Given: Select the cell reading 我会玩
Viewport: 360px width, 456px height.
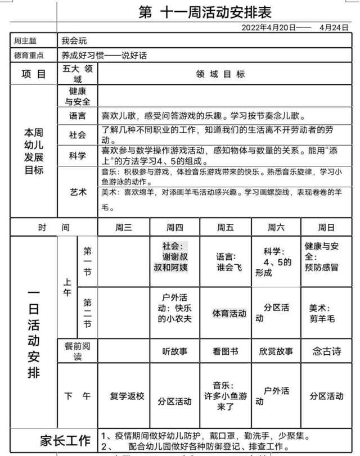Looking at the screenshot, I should click(x=75, y=41).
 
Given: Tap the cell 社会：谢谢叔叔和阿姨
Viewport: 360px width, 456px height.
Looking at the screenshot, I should click(x=174, y=256).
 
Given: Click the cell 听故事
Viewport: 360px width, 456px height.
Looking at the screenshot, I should click(x=174, y=351).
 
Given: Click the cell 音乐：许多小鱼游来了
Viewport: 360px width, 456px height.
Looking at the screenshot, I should click(x=225, y=395).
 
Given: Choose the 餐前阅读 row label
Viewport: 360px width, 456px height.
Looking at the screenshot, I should click(x=78, y=351).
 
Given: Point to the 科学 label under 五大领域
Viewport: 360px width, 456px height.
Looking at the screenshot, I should click(x=78, y=156).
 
